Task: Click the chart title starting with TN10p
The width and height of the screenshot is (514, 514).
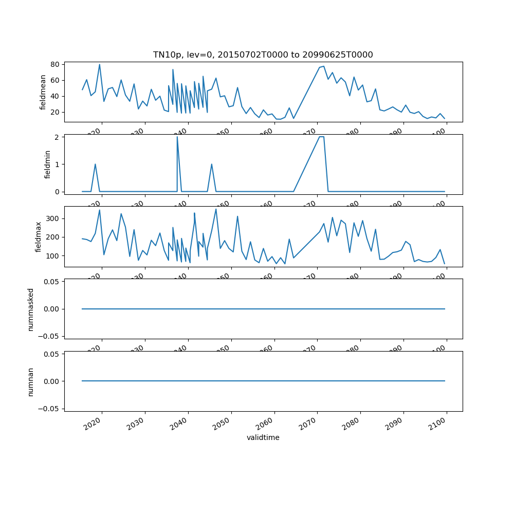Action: coord(263,54)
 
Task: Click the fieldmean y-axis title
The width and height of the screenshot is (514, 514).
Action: coord(43,92)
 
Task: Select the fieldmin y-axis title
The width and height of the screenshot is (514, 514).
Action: coord(47,164)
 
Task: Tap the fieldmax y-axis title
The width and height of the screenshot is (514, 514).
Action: coord(38,236)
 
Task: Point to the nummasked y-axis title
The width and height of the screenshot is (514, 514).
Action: coord(31,309)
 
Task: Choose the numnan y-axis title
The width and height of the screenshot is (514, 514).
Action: coord(31,381)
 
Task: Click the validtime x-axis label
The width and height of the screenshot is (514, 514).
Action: coord(263,437)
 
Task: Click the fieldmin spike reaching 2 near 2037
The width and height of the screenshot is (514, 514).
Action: coord(177,137)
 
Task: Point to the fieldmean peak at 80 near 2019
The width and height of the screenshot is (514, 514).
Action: coord(99,64)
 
